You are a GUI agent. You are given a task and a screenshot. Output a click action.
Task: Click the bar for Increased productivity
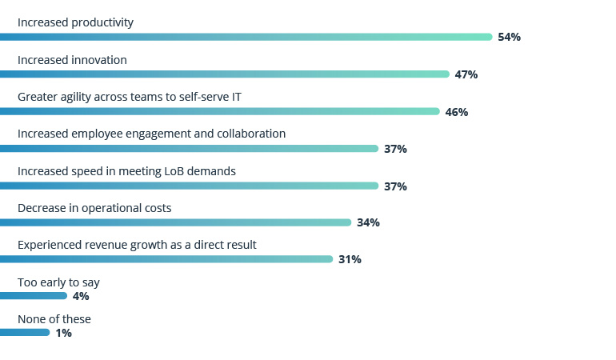[246, 37]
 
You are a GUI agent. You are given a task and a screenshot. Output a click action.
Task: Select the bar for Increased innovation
[224, 74]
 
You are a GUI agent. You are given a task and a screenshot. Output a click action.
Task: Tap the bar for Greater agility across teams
[219, 111]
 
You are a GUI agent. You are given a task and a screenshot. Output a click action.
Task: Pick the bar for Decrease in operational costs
[175, 222]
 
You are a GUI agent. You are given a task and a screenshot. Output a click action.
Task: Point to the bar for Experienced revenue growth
[166, 259]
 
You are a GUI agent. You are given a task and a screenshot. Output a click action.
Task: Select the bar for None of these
[25, 333]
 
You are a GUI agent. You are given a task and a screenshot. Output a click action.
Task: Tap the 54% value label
[509, 38]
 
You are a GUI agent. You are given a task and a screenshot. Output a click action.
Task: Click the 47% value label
[466, 74]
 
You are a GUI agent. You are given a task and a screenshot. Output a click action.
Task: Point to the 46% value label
[456, 112]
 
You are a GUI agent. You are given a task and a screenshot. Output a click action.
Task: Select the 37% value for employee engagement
[395, 149]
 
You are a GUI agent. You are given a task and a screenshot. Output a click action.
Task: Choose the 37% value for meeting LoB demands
[395, 186]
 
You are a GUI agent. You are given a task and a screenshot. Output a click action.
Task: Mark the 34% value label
[368, 223]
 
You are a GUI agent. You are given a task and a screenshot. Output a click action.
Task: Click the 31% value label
[350, 260]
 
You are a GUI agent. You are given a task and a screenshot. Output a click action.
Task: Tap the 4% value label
[81, 296]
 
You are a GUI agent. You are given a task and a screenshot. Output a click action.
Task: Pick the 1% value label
[63, 334]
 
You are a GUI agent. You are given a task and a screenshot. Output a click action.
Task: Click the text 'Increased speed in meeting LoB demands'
[126, 171]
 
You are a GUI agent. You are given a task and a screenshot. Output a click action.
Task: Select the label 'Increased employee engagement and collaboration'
[151, 134]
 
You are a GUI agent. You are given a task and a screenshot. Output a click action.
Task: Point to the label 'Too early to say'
[58, 282]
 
